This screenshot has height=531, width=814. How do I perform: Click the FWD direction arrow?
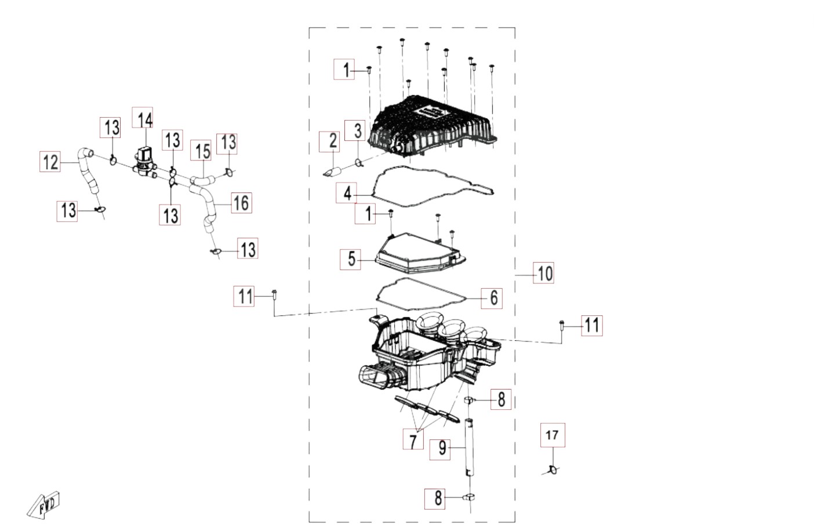43,505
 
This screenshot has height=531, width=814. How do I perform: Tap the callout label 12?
50,162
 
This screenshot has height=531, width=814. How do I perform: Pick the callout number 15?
203,150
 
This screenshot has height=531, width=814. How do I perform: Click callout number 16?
242,203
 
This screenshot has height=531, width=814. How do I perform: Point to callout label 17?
553,435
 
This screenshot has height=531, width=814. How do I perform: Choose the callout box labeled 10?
544,272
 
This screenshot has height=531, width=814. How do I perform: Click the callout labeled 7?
413,439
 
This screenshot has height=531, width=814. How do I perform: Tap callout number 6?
492,298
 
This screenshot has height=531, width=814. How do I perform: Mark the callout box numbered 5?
351,259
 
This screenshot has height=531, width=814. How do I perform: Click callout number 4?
347,192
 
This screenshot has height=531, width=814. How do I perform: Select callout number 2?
329,142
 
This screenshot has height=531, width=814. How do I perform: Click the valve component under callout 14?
144,161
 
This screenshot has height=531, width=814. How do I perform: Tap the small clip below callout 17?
553,470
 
